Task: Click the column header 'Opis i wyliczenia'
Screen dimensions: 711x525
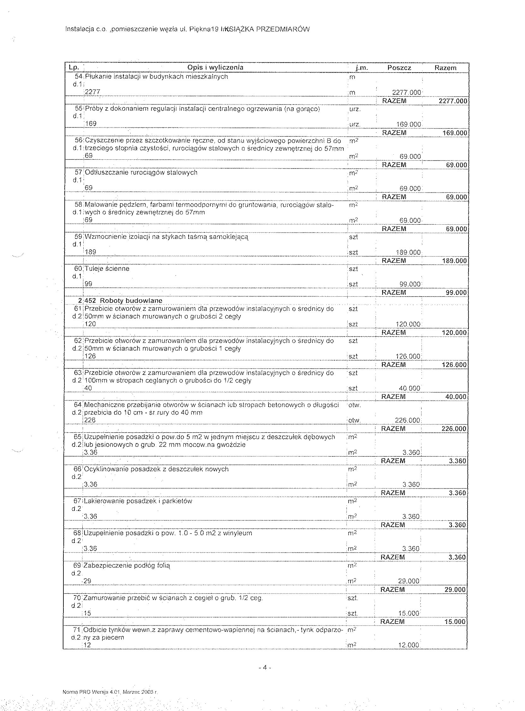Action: click(x=215, y=68)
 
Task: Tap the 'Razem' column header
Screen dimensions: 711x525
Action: click(x=445, y=68)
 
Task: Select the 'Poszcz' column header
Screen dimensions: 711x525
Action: click(x=399, y=68)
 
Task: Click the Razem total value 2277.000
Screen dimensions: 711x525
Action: click(x=452, y=101)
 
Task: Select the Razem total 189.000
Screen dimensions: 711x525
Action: click(x=454, y=261)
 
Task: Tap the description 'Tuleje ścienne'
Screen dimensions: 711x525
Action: click(x=107, y=269)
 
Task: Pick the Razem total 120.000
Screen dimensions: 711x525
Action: click(x=454, y=333)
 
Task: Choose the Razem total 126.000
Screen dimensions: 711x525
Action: click(x=454, y=365)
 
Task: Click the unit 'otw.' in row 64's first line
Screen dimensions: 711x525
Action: click(x=355, y=405)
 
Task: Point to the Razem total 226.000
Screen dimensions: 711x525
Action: click(x=454, y=429)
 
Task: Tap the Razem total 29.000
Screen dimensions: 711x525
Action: click(x=455, y=590)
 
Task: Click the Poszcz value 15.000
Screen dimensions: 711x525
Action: click(x=409, y=613)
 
